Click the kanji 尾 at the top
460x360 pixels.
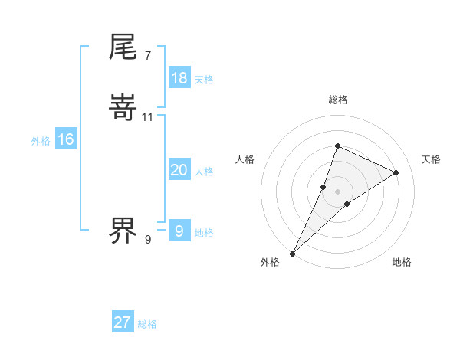[x=123, y=47]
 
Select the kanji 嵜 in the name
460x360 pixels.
[x=123, y=109]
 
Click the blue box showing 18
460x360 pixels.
[x=179, y=78]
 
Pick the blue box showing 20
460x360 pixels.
[x=179, y=171]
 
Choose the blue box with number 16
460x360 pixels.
[x=65, y=139]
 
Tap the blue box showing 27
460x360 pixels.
[x=123, y=322]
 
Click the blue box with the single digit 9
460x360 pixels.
[x=179, y=231]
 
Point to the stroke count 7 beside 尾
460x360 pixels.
[x=147, y=56]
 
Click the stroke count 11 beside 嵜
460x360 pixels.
[x=148, y=117]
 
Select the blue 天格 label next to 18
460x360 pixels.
[x=204, y=80]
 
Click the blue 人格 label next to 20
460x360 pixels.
[x=204, y=172]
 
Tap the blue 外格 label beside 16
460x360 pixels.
[x=41, y=141]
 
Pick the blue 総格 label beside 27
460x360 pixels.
[x=147, y=324]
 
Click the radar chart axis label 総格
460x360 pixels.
[x=338, y=100]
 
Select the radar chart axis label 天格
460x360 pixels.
[x=432, y=159]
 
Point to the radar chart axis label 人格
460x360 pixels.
[x=245, y=159]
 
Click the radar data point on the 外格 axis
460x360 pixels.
[x=293, y=253]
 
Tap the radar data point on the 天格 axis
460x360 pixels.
[x=396, y=172]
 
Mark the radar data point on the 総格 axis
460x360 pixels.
[x=337, y=146]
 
